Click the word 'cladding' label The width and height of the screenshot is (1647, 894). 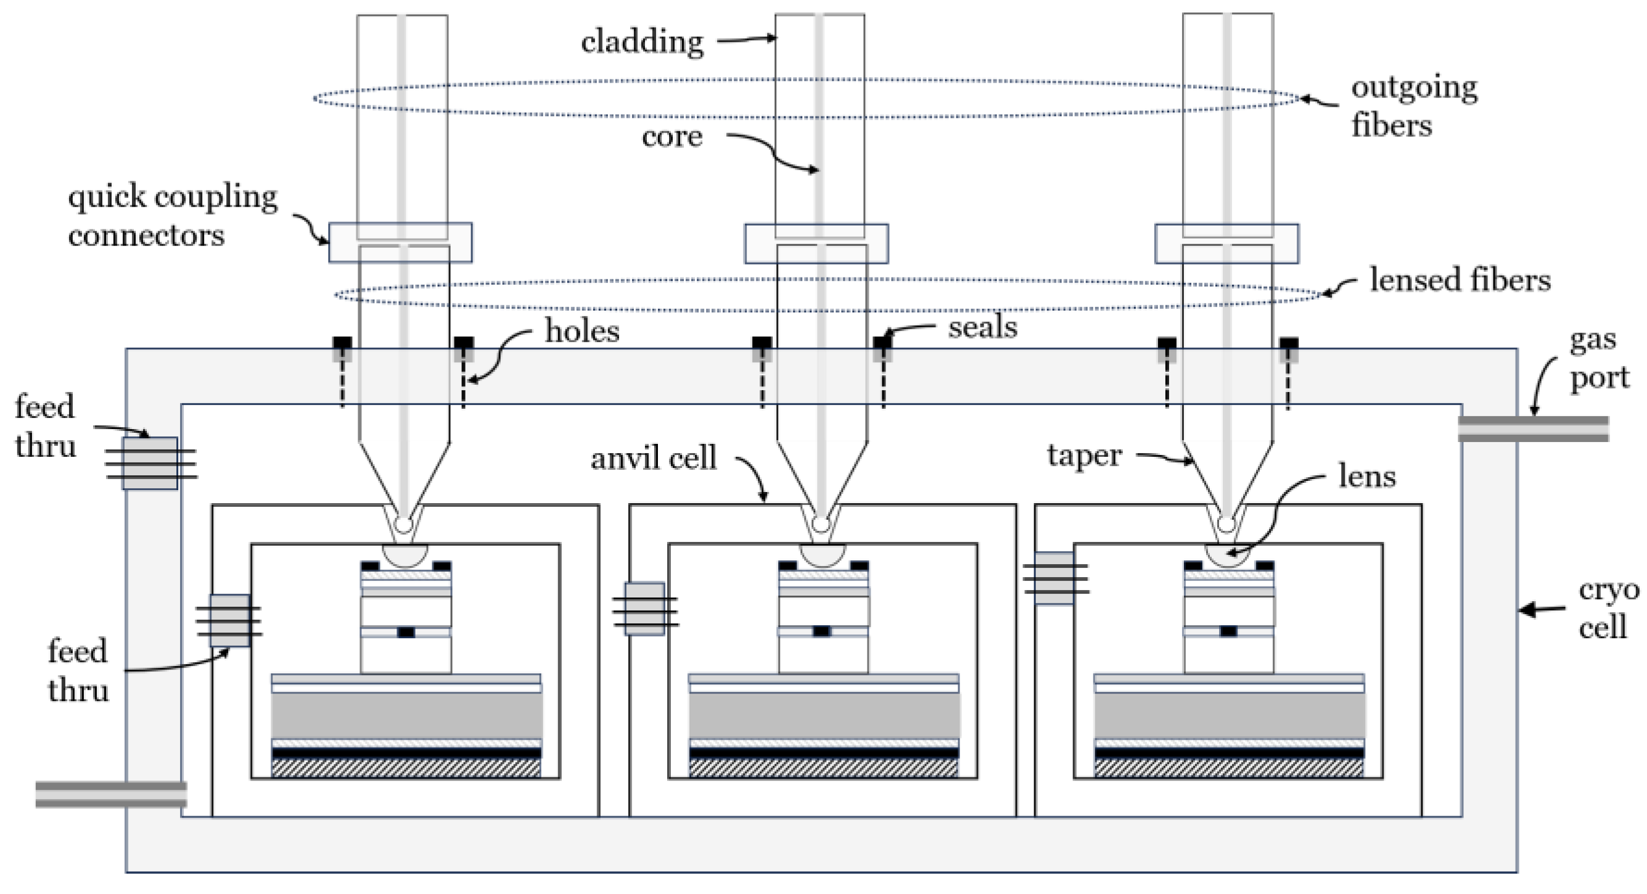642,42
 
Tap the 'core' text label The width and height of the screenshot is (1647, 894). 672,137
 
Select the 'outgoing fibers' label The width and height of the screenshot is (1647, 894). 1414,107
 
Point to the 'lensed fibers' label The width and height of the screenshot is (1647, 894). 1460,281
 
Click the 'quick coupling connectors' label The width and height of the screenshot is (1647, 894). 173,216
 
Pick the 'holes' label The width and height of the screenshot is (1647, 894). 582,331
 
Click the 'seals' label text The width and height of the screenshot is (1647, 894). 982,327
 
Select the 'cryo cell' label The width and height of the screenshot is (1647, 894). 1608,609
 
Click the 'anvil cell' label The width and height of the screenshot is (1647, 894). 654,459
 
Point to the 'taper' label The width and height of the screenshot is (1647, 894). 1084,455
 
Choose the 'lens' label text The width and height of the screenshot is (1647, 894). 1366,477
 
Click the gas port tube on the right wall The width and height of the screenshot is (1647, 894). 1532,429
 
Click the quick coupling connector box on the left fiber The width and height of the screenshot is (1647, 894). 400,242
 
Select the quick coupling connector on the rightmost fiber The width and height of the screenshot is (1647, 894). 1226,244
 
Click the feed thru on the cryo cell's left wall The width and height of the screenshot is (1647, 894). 150,463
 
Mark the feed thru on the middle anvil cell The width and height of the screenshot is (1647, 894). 644,608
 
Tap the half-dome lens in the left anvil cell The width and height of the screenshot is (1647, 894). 405,554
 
